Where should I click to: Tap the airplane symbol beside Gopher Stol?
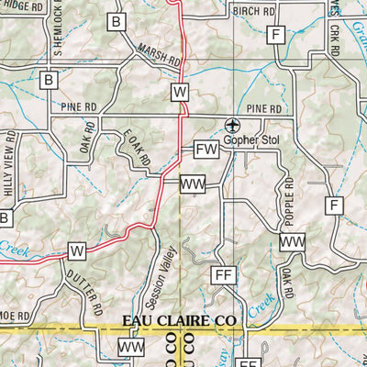[233, 125]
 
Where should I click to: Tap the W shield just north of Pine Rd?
[179, 92]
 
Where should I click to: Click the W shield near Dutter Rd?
[77, 250]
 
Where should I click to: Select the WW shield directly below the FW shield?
[193, 185]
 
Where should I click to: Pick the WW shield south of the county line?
[131, 348]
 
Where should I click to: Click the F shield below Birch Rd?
[273, 36]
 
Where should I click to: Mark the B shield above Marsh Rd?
[116, 22]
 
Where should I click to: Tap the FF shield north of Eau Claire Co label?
[223, 275]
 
